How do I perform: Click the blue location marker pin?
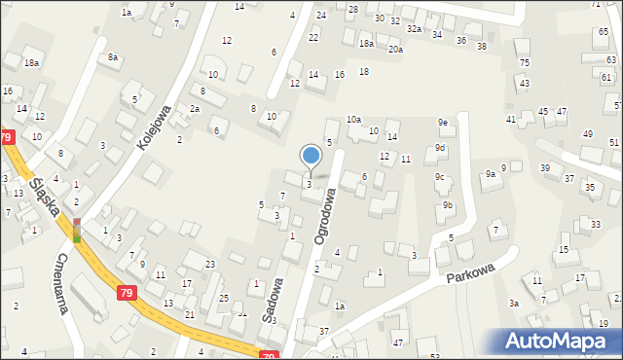coord(311,157)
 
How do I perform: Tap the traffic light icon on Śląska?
coord(77,231)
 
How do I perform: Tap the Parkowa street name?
coord(472,272)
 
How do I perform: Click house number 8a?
coord(113,57)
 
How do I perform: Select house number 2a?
coord(195,108)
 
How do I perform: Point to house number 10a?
coord(353,119)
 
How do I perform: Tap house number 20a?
coord(395,49)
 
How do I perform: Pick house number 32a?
coord(415,29)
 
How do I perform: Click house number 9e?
coord(442,123)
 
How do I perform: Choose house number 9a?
coord(492,173)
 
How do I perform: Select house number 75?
coord(525,62)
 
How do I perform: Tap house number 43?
coord(524,84)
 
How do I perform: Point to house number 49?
coord(587,133)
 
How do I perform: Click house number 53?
coord(434,356)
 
